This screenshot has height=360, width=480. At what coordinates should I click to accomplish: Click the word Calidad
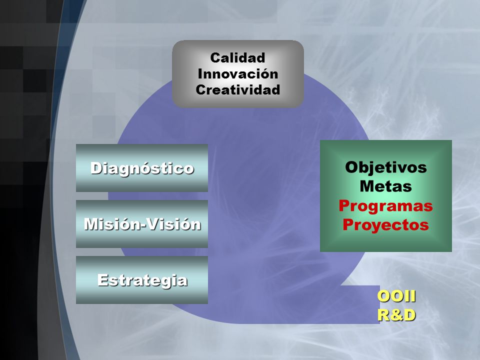[237, 57]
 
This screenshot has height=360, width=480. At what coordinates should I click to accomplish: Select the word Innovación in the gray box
[238, 74]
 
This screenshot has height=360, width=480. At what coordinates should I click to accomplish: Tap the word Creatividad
[238, 89]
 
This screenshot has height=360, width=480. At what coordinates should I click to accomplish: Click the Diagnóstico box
[142, 168]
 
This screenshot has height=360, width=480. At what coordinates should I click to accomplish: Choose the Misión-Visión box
[142, 224]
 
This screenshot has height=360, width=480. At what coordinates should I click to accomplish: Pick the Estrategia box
[142, 280]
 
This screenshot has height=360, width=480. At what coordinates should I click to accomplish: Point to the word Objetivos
[385, 168]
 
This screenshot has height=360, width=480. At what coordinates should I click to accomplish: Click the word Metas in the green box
[385, 186]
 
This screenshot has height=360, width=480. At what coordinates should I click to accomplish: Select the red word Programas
[385, 206]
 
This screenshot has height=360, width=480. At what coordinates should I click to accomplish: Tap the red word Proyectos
[385, 225]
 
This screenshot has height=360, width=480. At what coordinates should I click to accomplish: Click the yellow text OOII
[396, 296]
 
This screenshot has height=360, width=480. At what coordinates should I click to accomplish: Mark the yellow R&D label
[396, 315]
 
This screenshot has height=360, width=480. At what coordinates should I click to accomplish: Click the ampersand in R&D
[396, 315]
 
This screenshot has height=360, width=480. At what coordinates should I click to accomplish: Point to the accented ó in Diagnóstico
[147, 167]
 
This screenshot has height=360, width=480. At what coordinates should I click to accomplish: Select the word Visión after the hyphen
[174, 224]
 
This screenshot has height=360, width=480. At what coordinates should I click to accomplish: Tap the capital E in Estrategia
[102, 280]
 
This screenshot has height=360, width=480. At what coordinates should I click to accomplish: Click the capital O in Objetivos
[352, 167]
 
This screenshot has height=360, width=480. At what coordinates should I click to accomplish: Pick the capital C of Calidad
[216, 58]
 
